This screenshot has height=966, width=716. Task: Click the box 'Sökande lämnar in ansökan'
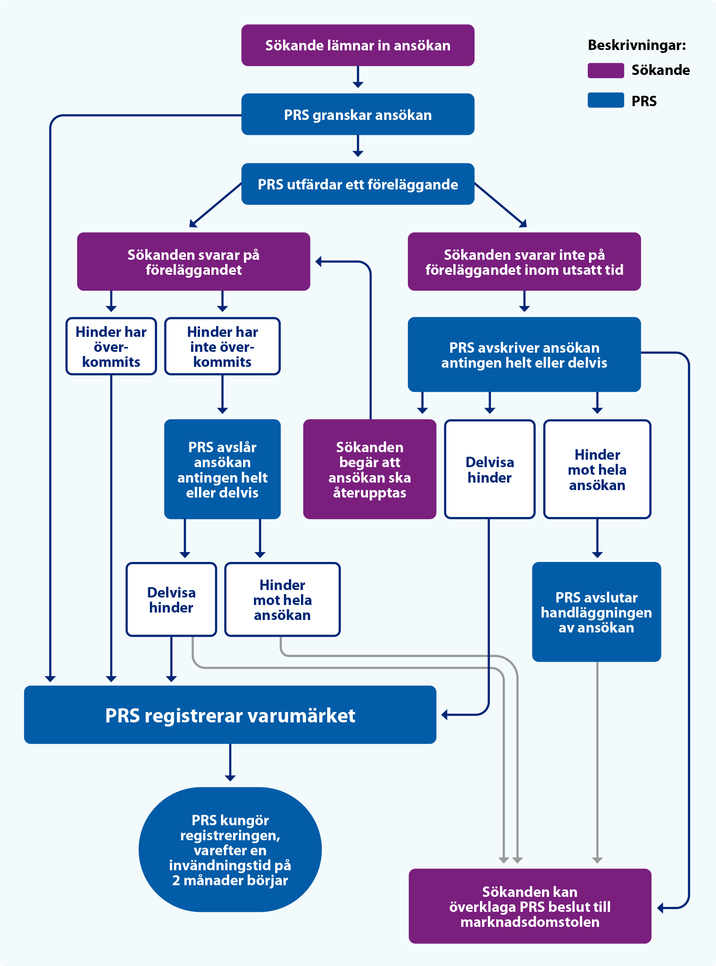[x=358, y=45]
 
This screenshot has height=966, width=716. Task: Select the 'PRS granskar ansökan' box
[x=358, y=115]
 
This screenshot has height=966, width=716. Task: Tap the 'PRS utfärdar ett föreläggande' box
[x=358, y=184]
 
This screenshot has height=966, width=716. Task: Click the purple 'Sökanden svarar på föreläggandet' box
[x=193, y=261]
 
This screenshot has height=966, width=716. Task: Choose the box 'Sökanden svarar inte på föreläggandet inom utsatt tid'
[x=524, y=261]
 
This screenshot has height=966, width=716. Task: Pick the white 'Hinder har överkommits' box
[x=111, y=346]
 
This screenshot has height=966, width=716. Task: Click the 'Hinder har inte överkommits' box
[x=222, y=346]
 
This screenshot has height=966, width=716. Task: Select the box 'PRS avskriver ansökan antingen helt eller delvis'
[x=524, y=354]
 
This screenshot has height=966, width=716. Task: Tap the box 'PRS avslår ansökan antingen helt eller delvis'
[x=222, y=469]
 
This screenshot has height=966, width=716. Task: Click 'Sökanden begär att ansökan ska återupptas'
[x=369, y=469]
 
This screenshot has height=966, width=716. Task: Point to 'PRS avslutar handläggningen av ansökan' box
[x=597, y=612]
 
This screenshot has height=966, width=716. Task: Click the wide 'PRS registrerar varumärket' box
[x=230, y=715]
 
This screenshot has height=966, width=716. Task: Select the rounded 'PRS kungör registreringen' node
[x=230, y=849]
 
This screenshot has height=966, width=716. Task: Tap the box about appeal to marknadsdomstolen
[x=530, y=906]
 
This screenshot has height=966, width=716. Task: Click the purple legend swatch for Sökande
[x=606, y=70]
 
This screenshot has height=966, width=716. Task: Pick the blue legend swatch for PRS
[x=606, y=100]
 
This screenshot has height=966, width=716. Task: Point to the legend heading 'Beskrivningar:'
[x=636, y=45]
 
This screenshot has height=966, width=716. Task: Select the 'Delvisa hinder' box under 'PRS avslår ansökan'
[x=171, y=600]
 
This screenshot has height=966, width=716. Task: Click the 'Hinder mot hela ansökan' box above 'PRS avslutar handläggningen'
[x=597, y=469]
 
